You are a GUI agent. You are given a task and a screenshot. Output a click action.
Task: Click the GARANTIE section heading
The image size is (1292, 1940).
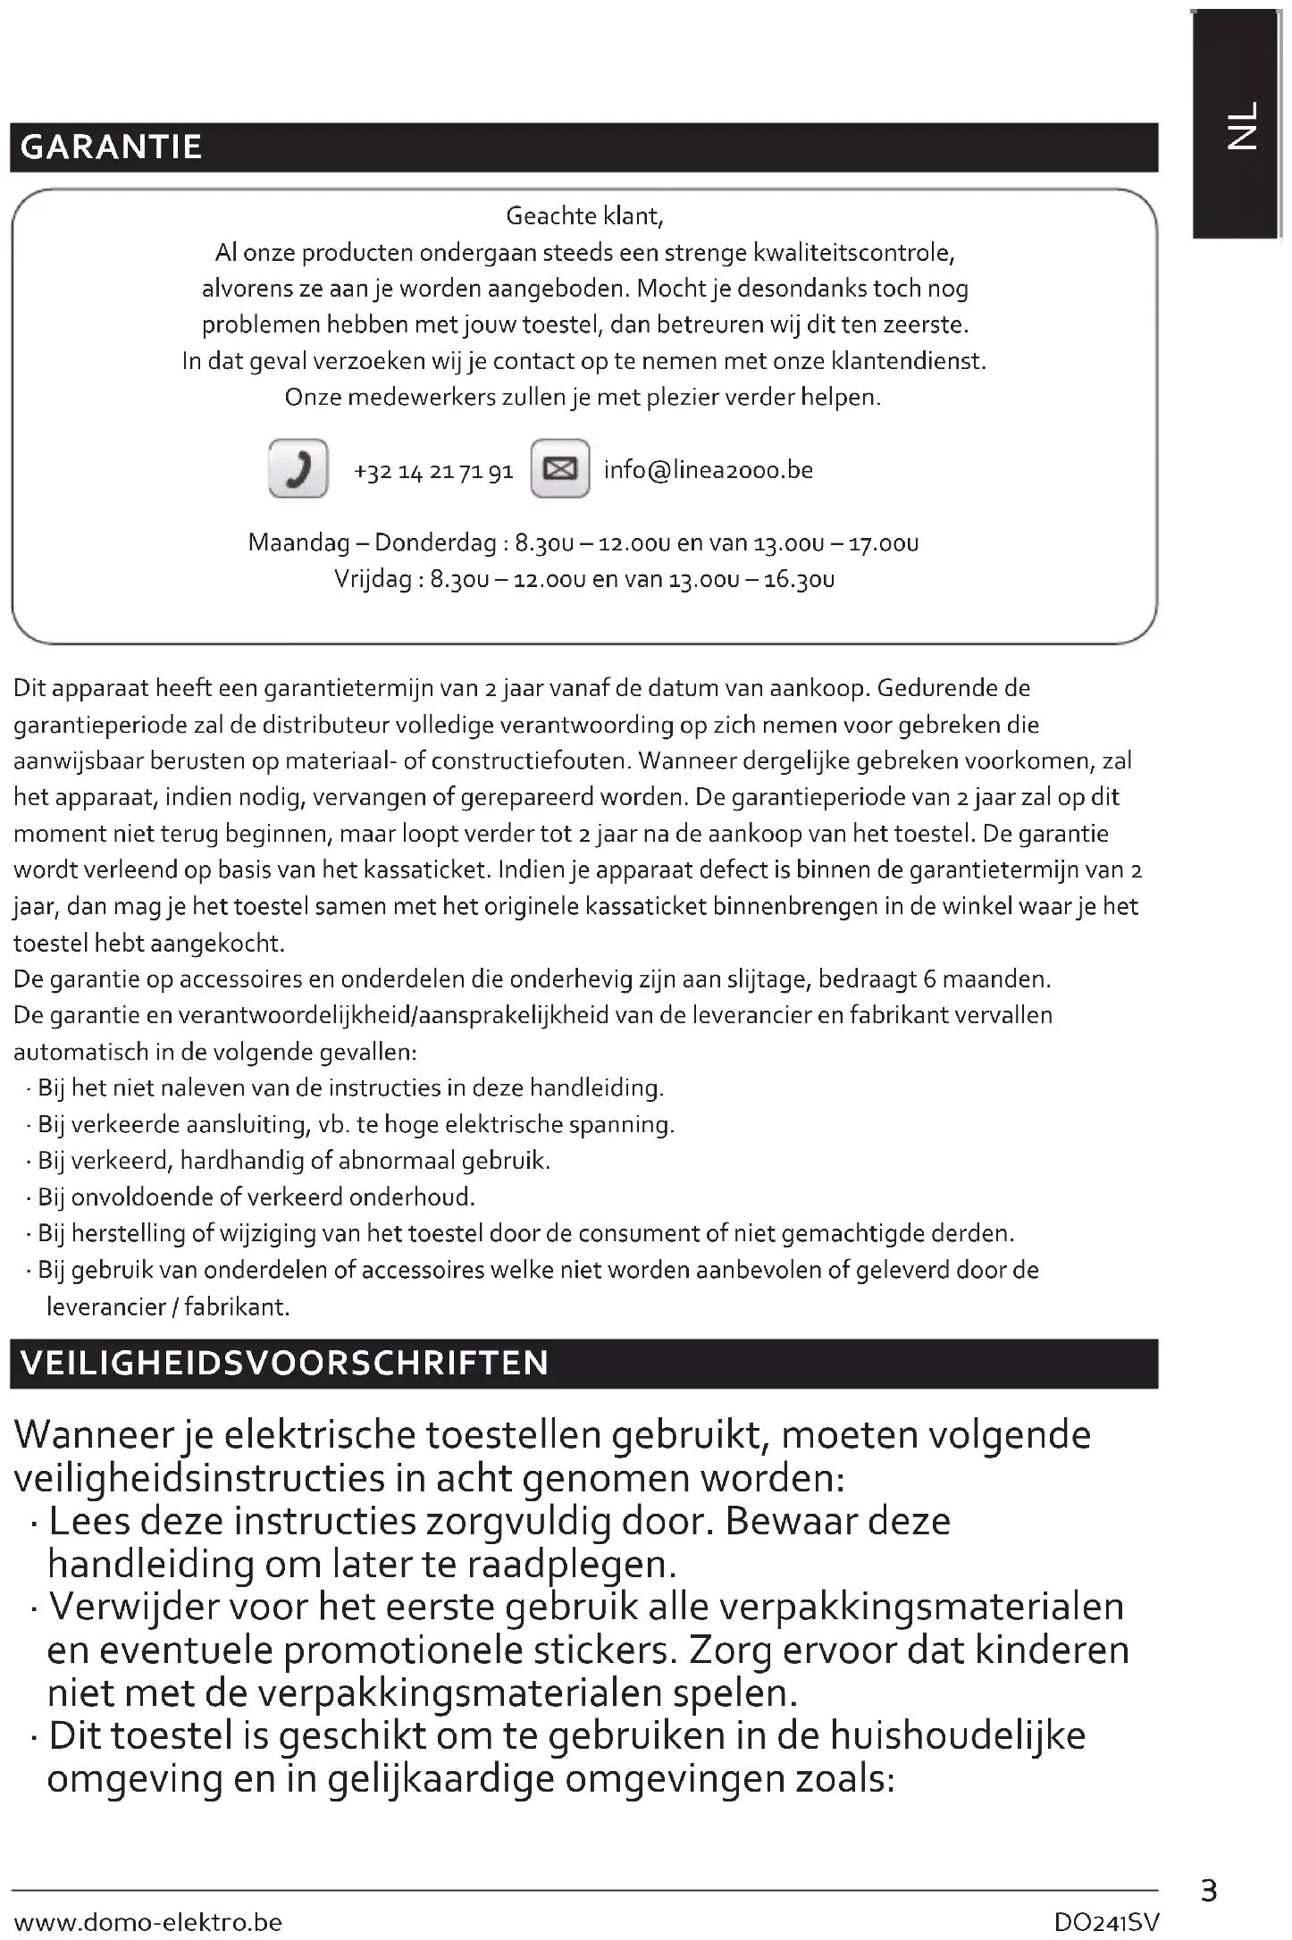[x=111, y=147]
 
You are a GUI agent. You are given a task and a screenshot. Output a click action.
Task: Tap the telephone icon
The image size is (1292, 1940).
[x=298, y=468]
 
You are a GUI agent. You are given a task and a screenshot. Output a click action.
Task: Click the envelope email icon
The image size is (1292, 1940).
[x=560, y=468]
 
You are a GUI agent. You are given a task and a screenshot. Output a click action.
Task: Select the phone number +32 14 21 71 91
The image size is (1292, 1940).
[x=433, y=471]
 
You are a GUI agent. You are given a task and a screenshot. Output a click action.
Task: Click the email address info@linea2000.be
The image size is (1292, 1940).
[x=708, y=470]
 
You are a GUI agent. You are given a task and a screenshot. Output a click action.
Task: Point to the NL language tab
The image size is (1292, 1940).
[x=1240, y=125]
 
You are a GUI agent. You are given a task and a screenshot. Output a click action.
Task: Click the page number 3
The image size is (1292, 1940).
[x=1208, y=1890]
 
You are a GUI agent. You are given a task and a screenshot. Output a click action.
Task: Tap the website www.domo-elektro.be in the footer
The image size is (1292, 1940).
[x=148, y=1921]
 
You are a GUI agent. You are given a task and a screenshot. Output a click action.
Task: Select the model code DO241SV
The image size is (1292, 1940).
[x=1106, y=1921]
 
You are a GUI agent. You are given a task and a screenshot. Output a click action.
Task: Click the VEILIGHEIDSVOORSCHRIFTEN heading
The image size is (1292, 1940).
[x=284, y=1364]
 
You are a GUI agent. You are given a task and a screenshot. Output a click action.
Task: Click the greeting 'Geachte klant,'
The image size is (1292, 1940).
[x=584, y=216]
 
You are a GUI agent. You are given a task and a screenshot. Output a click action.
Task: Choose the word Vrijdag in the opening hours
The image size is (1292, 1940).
[x=373, y=580]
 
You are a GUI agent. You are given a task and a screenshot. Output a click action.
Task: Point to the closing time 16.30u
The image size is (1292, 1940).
[x=800, y=580]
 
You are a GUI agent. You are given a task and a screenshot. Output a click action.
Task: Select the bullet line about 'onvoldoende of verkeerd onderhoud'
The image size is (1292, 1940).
[x=256, y=1197]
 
